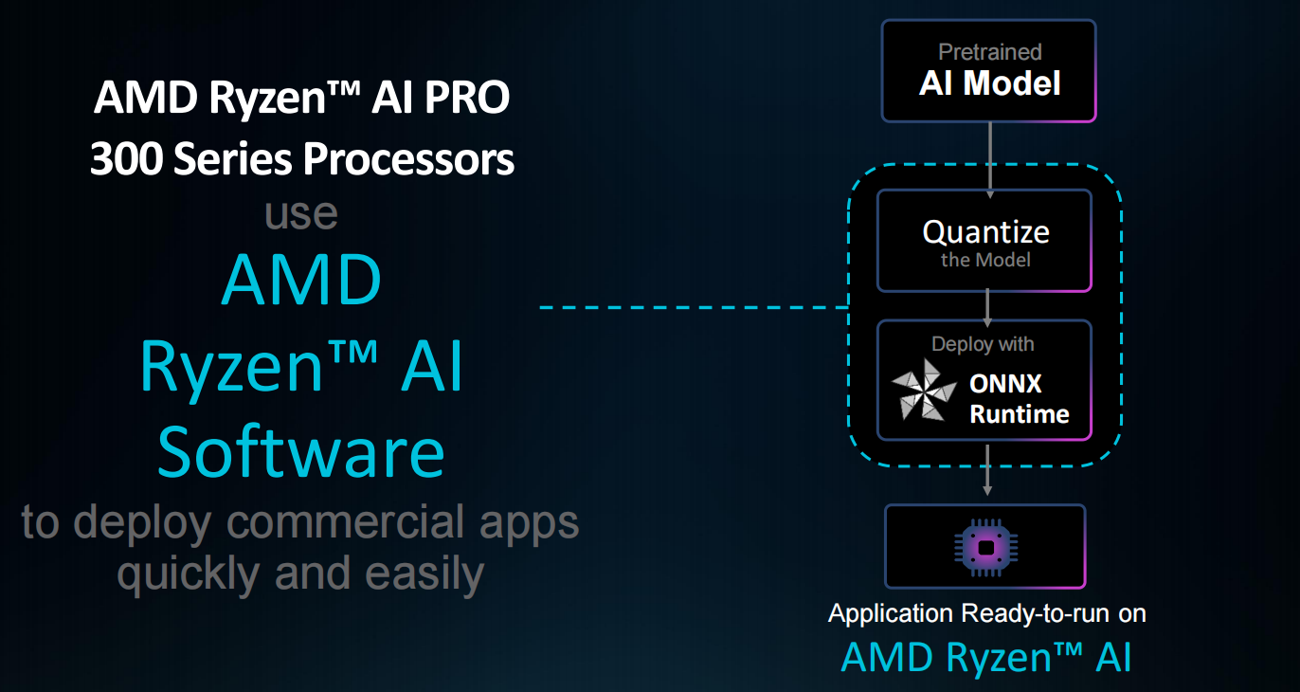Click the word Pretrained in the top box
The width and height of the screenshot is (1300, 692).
pyautogui.click(x=989, y=52)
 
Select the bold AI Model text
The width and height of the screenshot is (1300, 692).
pyautogui.click(x=989, y=83)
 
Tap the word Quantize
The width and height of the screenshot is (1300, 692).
pyautogui.click(x=985, y=232)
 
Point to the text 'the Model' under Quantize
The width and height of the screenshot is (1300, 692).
pyautogui.click(x=985, y=260)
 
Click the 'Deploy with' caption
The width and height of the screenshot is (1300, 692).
pyautogui.click(x=983, y=344)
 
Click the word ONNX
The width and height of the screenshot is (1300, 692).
pyautogui.click(x=1005, y=384)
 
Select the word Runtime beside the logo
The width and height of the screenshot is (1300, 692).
pyautogui.click(x=1019, y=414)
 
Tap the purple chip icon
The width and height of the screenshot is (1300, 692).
pyautogui.click(x=985, y=547)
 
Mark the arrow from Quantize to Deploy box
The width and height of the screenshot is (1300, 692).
pyautogui.click(x=987, y=305)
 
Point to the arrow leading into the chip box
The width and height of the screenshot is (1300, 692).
pyautogui.click(x=987, y=470)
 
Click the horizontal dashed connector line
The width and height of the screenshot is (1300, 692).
pyautogui.click(x=692, y=308)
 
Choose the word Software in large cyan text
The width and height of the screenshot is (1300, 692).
pyautogui.click(x=300, y=452)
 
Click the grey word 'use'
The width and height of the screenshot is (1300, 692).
pyautogui.click(x=301, y=213)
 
